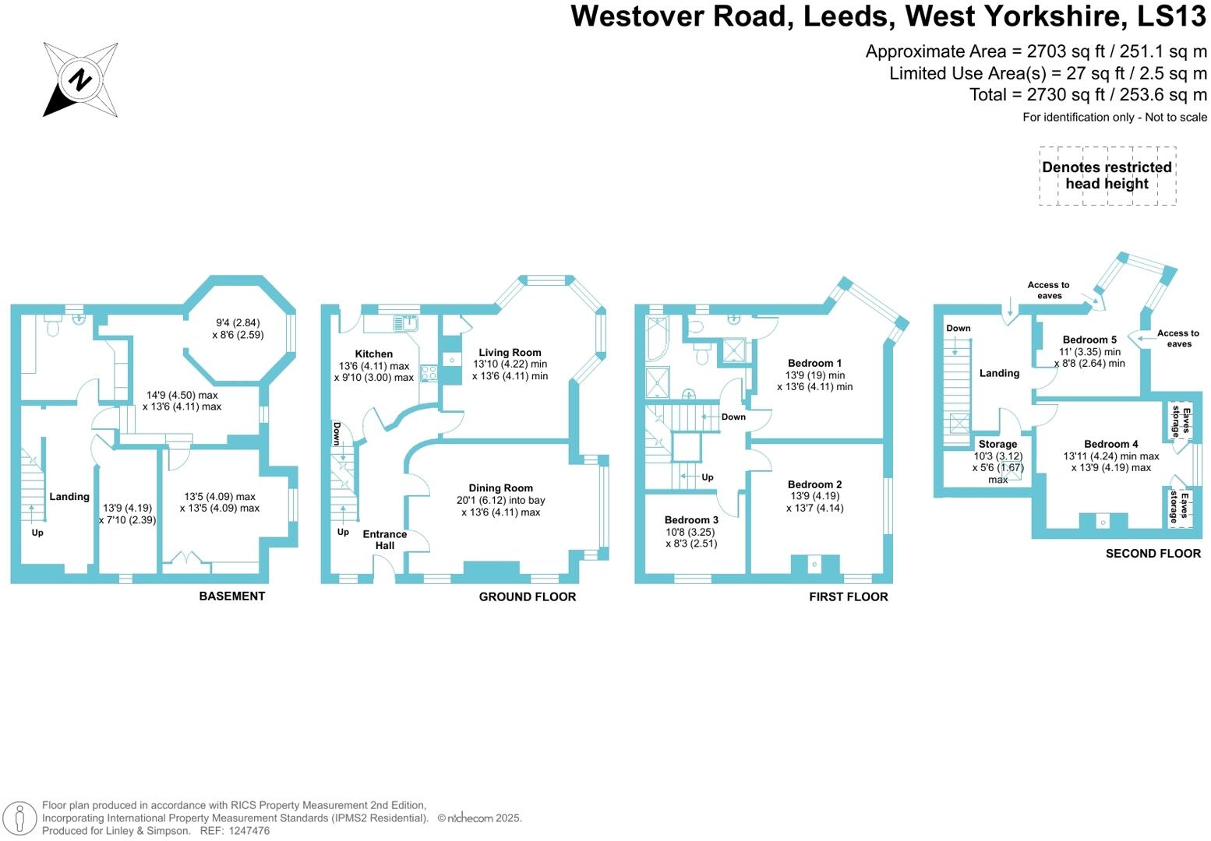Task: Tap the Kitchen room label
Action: tap(374, 354)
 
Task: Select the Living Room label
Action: tap(510, 352)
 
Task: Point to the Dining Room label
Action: tap(500, 488)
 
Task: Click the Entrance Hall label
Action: tap(385, 540)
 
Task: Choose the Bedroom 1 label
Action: tap(814, 363)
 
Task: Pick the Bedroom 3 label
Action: tap(691, 520)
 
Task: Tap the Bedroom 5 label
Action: tap(1089, 340)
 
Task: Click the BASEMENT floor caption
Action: tap(231, 596)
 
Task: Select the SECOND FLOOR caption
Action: tap(1153, 554)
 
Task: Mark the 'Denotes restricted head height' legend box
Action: tap(1107, 176)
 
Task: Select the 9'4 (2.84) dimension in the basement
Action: tap(238, 323)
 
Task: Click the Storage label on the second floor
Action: tap(997, 445)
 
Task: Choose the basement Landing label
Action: tap(69, 497)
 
